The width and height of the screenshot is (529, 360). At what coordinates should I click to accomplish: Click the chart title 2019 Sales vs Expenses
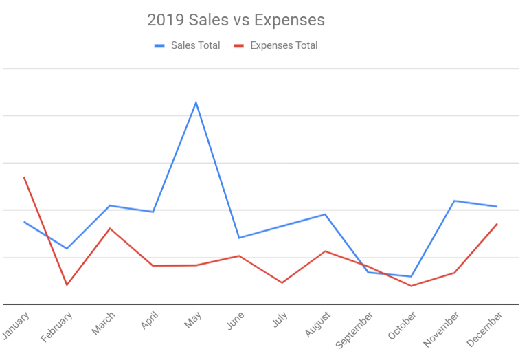pyautogui.click(x=236, y=20)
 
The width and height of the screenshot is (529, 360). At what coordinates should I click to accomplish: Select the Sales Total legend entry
pyautogui.click(x=187, y=46)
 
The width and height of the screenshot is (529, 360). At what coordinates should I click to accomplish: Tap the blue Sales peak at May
pyautogui.click(x=196, y=102)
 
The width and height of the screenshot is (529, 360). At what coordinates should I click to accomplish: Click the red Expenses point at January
pyautogui.click(x=24, y=177)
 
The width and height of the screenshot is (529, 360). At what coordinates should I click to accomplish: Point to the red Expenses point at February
pyautogui.click(x=67, y=285)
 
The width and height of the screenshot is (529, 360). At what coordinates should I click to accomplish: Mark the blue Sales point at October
pyautogui.click(x=411, y=277)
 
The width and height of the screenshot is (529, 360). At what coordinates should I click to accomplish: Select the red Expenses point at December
pyautogui.click(x=497, y=224)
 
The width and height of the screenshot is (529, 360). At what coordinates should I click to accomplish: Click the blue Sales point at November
pyautogui.click(x=454, y=201)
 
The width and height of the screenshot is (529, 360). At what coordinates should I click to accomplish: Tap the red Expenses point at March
pyautogui.click(x=110, y=228)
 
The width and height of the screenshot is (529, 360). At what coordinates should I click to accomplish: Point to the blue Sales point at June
pyautogui.click(x=238, y=238)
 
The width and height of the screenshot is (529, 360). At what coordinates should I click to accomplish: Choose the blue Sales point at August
pyautogui.click(x=325, y=214)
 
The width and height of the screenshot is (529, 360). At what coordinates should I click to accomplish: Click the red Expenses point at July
pyautogui.click(x=282, y=282)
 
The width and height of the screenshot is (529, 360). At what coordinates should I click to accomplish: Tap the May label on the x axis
pyautogui.click(x=193, y=319)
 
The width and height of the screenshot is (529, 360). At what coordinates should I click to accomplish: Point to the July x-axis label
pyautogui.click(x=279, y=320)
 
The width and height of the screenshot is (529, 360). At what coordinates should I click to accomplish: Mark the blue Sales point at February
pyautogui.click(x=67, y=249)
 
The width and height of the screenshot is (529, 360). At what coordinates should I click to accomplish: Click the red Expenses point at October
pyautogui.click(x=411, y=286)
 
